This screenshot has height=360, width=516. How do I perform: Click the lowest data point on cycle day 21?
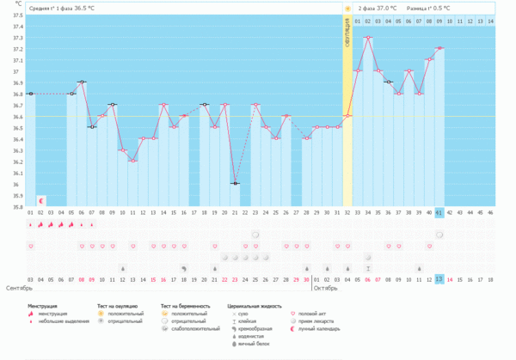click(x=235, y=183)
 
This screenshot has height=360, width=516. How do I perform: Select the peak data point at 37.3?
click(x=368, y=38)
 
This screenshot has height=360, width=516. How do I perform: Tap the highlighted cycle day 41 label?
click(x=439, y=212)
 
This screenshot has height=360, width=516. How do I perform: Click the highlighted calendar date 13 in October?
click(x=439, y=279)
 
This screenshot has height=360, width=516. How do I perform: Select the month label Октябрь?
click(x=325, y=288)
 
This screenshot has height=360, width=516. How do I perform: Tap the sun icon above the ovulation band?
click(x=347, y=8)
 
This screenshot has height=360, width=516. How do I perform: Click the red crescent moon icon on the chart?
click(x=40, y=199)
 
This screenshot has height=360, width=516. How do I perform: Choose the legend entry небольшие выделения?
click(x=63, y=320)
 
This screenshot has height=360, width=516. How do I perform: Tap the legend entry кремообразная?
click(x=255, y=328)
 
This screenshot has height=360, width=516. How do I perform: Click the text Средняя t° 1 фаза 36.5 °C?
click(x=60, y=8)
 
